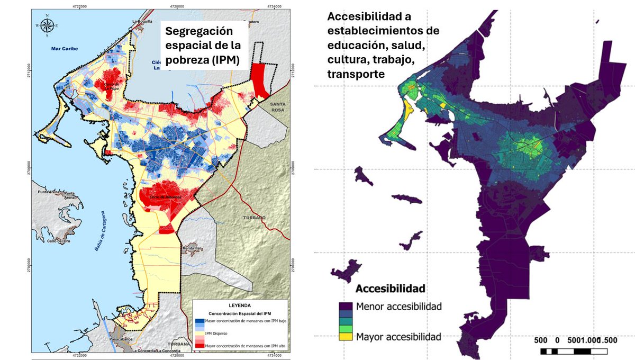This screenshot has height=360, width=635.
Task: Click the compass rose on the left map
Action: pos(47,25)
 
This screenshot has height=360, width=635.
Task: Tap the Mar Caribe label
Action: pos(65,49)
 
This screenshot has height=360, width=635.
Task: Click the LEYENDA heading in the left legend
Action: pos(239,306)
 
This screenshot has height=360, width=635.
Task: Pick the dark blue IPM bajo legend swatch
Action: pos(199,321)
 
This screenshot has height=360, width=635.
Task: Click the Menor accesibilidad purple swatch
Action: pos(345,306)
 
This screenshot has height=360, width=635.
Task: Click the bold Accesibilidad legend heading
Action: pos(390,289)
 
